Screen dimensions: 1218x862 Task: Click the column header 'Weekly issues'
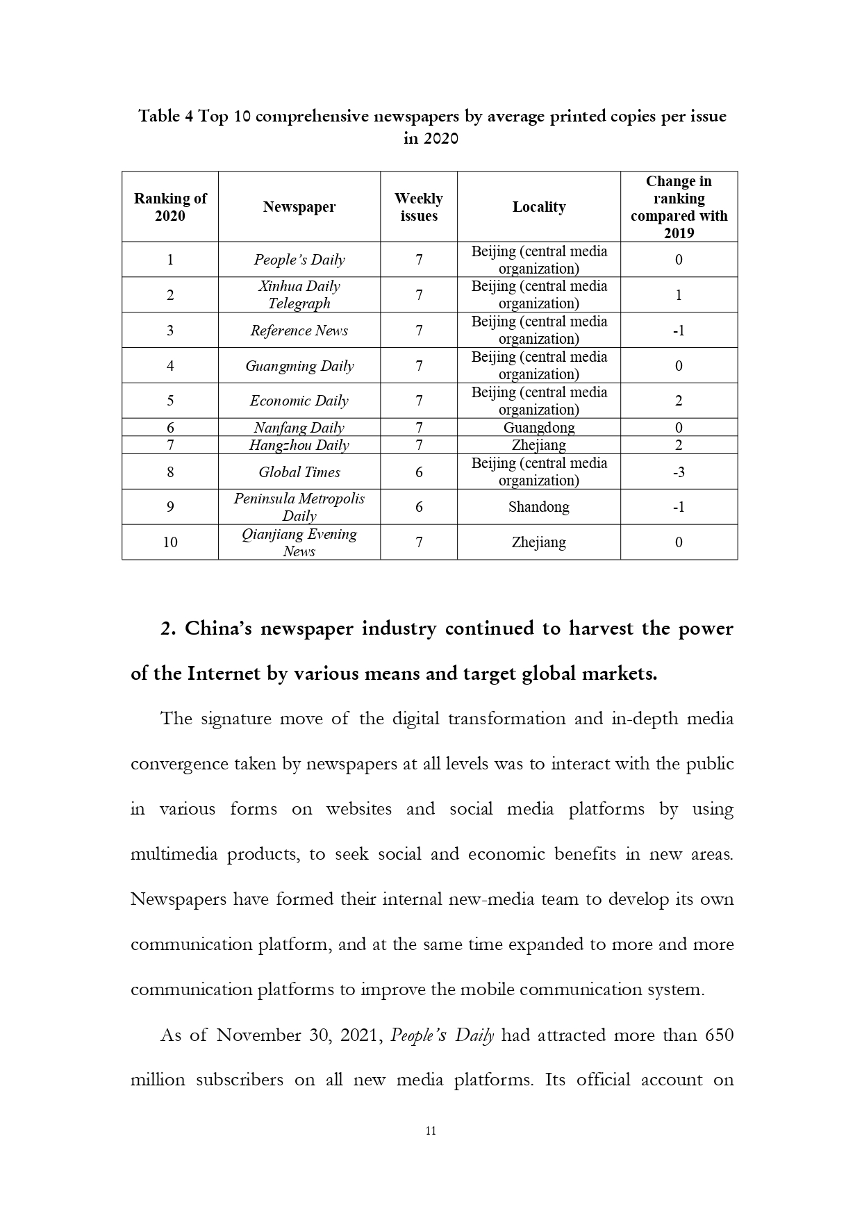click(419, 207)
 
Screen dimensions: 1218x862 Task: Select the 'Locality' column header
click(539, 207)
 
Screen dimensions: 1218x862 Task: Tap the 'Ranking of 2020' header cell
click(170, 207)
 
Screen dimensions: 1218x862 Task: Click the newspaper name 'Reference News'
click(299, 331)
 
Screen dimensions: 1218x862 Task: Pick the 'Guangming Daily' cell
click(299, 366)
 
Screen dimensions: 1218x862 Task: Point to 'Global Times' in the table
click(299, 472)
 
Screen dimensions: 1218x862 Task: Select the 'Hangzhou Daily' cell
click(299, 445)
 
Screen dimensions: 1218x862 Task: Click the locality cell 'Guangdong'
click(539, 428)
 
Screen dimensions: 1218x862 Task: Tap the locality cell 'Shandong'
click(539, 507)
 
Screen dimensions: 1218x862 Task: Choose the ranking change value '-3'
click(679, 472)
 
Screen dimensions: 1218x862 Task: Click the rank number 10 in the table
click(170, 542)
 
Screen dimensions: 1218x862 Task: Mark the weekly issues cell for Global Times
click(419, 472)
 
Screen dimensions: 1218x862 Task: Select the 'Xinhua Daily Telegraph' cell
click(299, 294)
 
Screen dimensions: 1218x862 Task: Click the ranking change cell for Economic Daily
click(679, 401)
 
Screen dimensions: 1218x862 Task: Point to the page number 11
click(431, 1131)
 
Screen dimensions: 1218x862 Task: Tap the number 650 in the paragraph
click(719, 1035)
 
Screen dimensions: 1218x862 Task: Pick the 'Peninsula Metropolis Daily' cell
click(299, 507)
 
